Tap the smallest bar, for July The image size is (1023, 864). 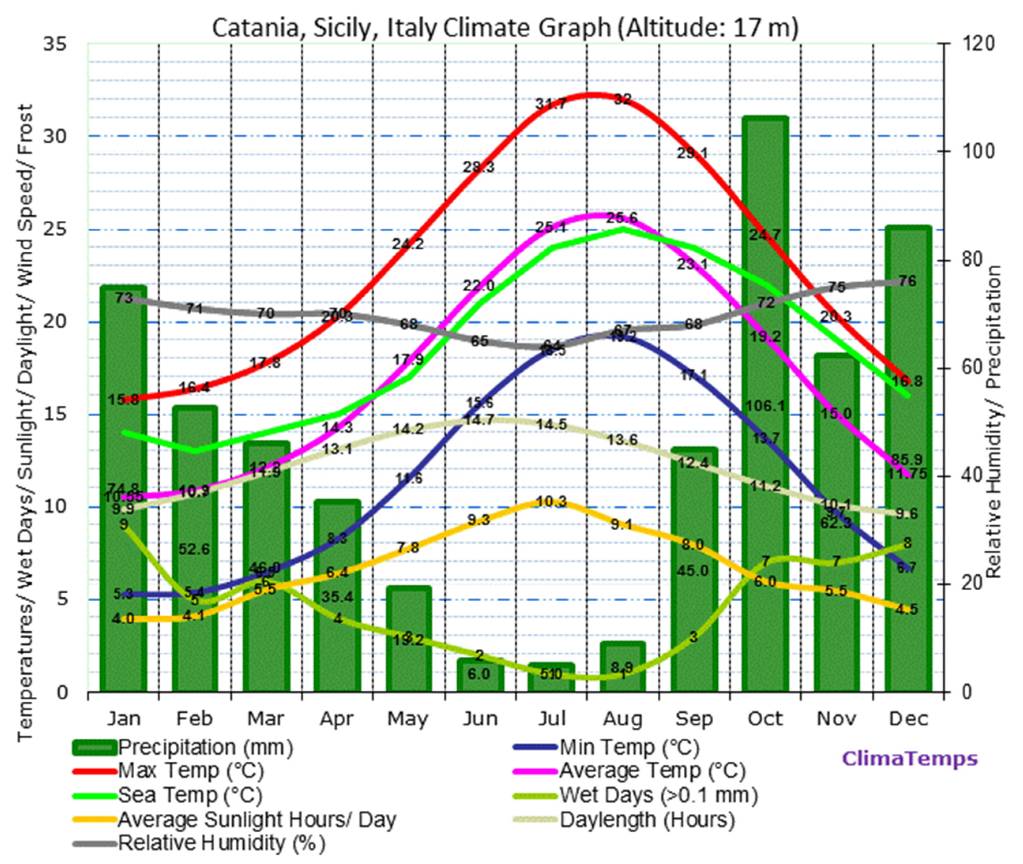pos(551,678)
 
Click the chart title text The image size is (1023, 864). pos(505,28)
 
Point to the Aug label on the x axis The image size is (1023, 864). pos(622,719)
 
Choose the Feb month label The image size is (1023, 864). pos(194,719)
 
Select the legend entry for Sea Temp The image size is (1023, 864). pos(190,795)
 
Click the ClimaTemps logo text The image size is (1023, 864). pos(909,759)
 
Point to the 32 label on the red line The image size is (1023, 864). pos(622,100)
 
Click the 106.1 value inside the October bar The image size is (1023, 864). pos(765,406)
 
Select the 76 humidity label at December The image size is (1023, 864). pos(907,281)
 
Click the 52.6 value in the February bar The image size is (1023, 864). pos(194,549)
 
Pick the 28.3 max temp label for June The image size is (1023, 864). pos(479,167)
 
